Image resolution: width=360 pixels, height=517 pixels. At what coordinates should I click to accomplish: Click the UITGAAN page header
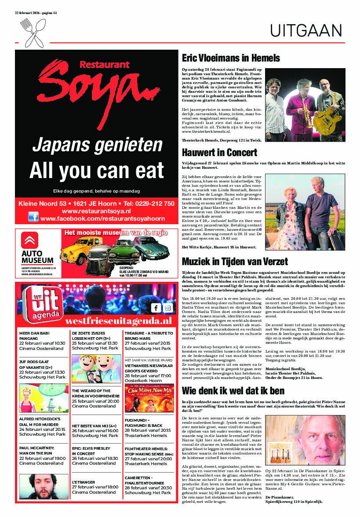point(306,31)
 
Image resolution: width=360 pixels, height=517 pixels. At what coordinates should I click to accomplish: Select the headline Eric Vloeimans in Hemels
point(231,58)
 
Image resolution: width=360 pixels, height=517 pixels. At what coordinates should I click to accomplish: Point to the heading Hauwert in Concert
point(219,153)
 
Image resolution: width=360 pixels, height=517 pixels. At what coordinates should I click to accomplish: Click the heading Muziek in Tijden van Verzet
point(235,261)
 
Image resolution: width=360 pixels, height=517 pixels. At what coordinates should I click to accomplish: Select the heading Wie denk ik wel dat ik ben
point(233,390)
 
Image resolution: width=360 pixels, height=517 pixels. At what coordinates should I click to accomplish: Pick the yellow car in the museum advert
point(79,250)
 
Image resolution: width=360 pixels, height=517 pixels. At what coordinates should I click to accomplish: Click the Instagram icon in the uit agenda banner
point(167,308)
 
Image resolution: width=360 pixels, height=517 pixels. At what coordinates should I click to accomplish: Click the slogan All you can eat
point(96,170)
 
